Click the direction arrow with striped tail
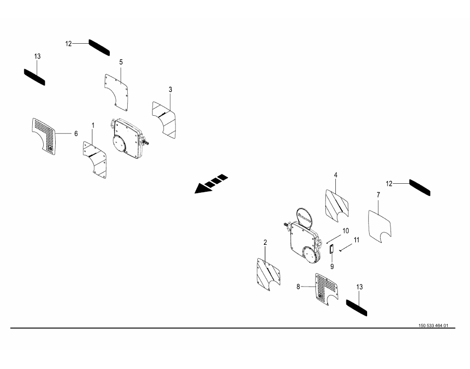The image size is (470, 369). click(211, 183)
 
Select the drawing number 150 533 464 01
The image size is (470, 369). click(433, 326)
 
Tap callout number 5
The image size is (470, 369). click(121, 62)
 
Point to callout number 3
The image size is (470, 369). click(170, 89)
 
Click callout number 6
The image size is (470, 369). click(76, 134)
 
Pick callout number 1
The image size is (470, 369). click(93, 125)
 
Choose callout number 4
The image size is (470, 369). click(336, 175)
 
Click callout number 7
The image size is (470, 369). click(378, 195)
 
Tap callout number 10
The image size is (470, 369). click(346, 231)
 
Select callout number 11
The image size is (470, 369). click(356, 240)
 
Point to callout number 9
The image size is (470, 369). click(332, 266)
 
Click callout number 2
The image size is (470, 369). click(265, 242)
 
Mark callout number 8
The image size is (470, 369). click(298, 287)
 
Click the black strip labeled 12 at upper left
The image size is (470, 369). click(99, 47)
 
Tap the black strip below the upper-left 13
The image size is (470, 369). click(34, 77)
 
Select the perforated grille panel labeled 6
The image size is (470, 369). click(44, 136)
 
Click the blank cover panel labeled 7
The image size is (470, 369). click(380, 226)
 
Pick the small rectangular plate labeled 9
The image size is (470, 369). click(332, 249)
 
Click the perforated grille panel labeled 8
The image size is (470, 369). click(326, 289)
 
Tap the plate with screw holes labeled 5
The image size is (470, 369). click(117, 92)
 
